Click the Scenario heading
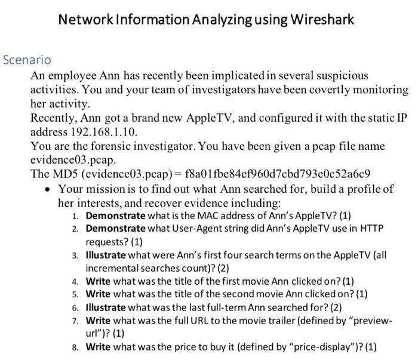pos(27,60)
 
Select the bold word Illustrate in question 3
pos(106,255)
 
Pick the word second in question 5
pos(235,294)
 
